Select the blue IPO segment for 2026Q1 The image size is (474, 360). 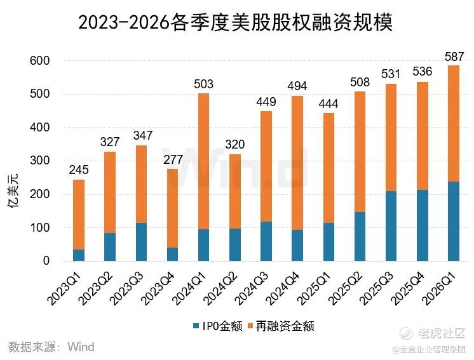click(454, 221)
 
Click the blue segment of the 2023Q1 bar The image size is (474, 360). click(79, 255)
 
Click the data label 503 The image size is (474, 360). click(203, 83)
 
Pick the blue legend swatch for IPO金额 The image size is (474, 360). click(196, 326)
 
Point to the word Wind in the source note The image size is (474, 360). click(81, 347)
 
